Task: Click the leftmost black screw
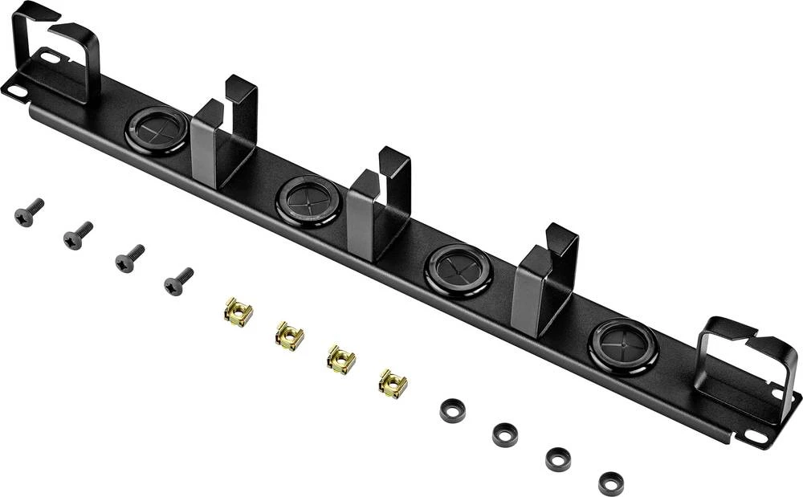(x=28, y=213)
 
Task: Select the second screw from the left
(x=78, y=235)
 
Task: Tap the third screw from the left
(x=128, y=259)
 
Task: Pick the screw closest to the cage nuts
(x=177, y=281)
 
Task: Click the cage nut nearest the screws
(x=238, y=312)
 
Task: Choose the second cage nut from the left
(x=290, y=336)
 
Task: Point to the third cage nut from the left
(x=341, y=359)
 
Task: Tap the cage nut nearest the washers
(x=393, y=384)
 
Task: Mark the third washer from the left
(x=558, y=459)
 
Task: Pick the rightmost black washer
(x=611, y=483)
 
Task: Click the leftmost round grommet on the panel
(x=157, y=129)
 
